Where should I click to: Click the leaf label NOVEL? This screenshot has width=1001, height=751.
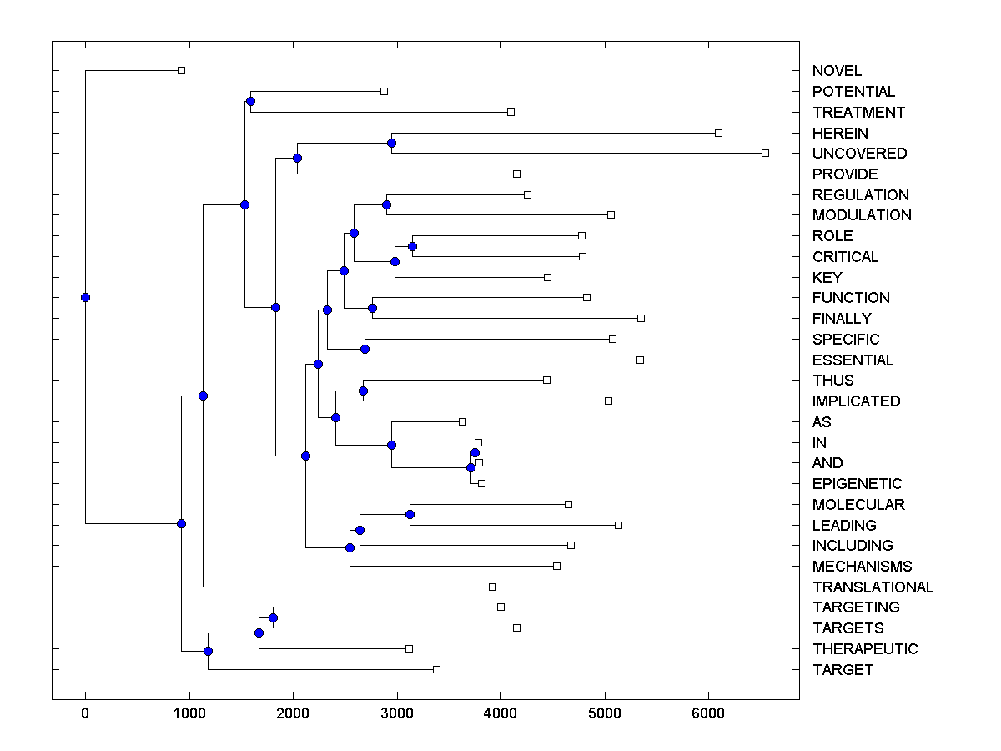pyautogui.click(x=837, y=71)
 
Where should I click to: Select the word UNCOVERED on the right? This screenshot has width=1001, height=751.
pyautogui.click(x=859, y=154)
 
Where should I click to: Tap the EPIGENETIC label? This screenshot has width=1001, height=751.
pyautogui.click(x=857, y=484)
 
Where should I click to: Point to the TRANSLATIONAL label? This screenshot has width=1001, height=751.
pyautogui.click(x=873, y=587)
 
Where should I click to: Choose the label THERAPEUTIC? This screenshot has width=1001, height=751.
pyautogui.click(x=864, y=649)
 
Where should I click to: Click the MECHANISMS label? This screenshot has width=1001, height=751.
pyautogui.click(x=862, y=567)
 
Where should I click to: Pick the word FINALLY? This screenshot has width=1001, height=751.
pyautogui.click(x=841, y=319)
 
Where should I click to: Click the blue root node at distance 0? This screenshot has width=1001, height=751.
pyautogui.click(x=85, y=297)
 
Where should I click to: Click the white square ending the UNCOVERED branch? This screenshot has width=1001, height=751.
pyautogui.click(x=765, y=153)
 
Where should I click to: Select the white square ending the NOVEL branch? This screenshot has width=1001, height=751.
pyautogui.click(x=181, y=70)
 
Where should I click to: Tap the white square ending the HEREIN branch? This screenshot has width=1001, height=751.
pyautogui.click(x=718, y=133)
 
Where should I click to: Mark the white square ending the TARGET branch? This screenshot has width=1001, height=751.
pyautogui.click(x=436, y=669)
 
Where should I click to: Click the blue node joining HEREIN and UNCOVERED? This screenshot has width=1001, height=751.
pyautogui.click(x=391, y=143)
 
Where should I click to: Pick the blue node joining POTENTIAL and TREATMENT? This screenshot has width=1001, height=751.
pyautogui.click(x=250, y=101)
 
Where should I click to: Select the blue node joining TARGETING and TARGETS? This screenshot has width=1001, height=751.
pyautogui.click(x=273, y=617)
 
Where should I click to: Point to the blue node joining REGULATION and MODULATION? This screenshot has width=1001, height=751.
pyautogui.click(x=386, y=204)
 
